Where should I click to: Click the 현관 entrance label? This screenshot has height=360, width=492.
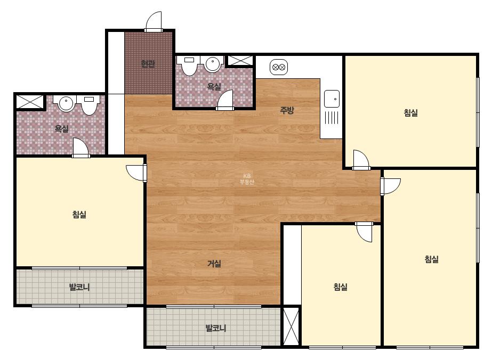148,64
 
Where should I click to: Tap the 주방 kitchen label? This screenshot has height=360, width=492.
287,110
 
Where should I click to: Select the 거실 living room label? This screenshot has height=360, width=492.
214,264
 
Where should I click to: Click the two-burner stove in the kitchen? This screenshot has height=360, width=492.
279,67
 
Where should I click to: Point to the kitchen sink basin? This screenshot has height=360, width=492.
332,99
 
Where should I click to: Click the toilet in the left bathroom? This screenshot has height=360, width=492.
89,105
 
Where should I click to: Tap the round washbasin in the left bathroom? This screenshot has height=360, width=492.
66,103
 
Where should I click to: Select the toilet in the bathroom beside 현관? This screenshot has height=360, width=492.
189,66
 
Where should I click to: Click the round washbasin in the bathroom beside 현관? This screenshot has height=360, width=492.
213,64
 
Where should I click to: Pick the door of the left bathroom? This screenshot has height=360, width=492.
80,147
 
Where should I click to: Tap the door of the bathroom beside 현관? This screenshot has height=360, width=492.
225,100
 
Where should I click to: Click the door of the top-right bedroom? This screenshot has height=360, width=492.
361,160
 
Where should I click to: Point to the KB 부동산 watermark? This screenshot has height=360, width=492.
247,179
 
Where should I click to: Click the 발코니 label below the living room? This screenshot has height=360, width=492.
216,329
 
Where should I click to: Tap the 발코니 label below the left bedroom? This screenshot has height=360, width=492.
79,287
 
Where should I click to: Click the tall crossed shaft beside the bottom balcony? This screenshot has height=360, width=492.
292,327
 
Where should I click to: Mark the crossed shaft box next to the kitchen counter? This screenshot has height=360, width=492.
240,61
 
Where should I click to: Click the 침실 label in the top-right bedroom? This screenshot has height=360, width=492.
411,112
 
